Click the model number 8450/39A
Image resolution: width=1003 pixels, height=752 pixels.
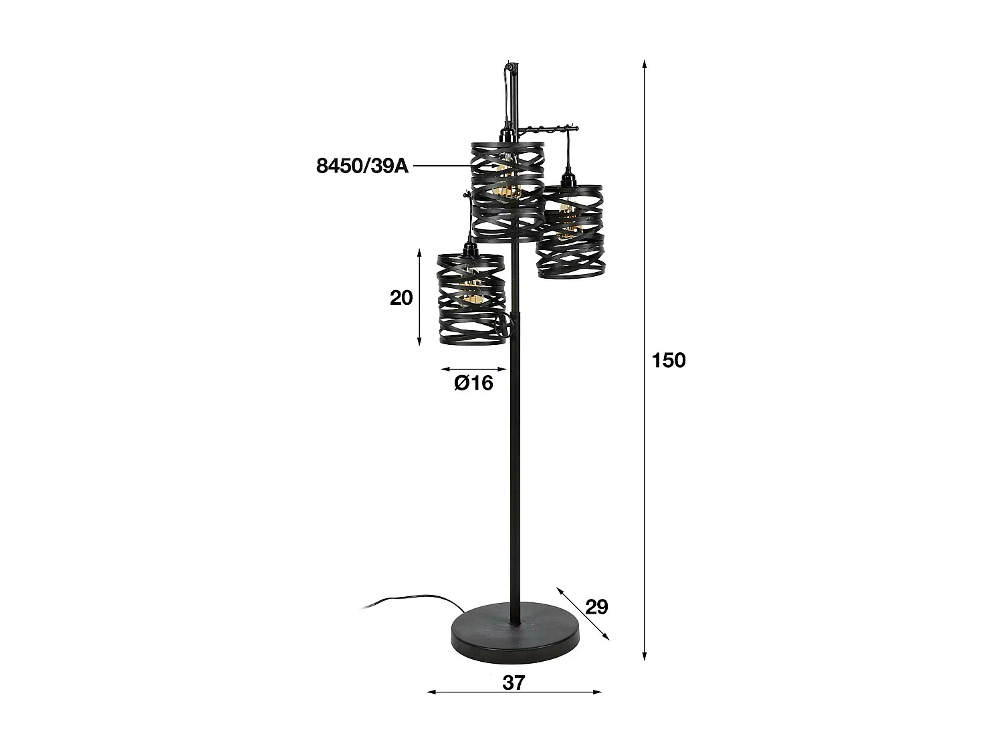[362, 166]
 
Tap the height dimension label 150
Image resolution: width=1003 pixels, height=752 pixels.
[669, 360]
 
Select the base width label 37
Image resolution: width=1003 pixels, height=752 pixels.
[514, 682]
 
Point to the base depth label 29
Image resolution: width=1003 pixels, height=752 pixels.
[596, 607]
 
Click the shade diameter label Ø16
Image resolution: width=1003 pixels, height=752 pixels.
[473, 383]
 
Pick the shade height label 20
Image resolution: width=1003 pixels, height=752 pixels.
[401, 297]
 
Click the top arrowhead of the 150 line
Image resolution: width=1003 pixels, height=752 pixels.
[645, 64]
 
